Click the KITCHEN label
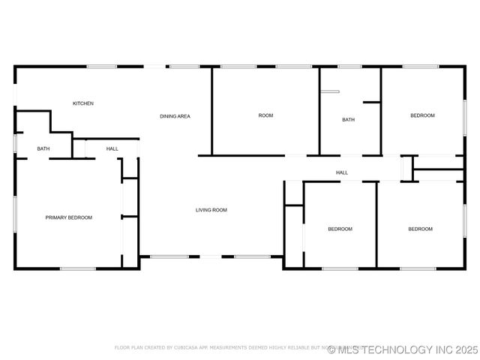[82, 103]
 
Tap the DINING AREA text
[175, 116]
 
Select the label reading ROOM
[265, 115]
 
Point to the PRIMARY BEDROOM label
[69, 217]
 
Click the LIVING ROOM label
[211, 210]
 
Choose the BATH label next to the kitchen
[43, 148]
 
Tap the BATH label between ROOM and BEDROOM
[348, 120]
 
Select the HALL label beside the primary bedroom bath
[112, 148]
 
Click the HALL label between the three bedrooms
[342, 173]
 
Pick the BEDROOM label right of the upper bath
[422, 115]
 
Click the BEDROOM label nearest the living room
[340, 229]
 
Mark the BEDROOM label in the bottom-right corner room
[420, 229]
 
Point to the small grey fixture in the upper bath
[330, 91]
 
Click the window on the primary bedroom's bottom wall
[77, 268]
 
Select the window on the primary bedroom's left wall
[14, 217]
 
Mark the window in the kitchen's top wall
[101, 67]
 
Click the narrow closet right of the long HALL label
[407, 169]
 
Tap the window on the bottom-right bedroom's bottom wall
[418, 268]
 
